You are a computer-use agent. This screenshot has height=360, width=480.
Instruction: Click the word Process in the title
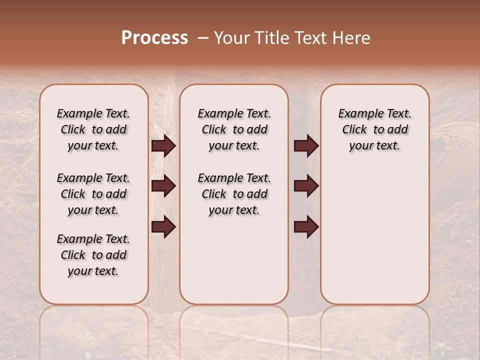pyautogui.click(x=154, y=38)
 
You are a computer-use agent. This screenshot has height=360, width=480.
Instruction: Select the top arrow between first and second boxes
pyautogui.click(x=163, y=146)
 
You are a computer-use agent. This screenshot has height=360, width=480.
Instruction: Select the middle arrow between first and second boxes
pyautogui.click(x=163, y=186)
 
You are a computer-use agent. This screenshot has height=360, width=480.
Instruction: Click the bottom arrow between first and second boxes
pyautogui.click(x=163, y=227)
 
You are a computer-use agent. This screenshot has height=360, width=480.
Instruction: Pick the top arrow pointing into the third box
pyautogui.click(x=306, y=146)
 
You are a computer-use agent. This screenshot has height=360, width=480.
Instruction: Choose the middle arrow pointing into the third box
pyautogui.click(x=306, y=186)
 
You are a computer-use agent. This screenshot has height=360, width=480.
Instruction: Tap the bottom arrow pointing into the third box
pyautogui.click(x=306, y=227)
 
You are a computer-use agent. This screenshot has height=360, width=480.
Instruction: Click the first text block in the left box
pyautogui.click(x=93, y=129)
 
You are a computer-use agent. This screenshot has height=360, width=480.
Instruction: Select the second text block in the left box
pyautogui.click(x=93, y=194)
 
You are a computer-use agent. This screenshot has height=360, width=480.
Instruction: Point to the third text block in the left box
pyautogui.click(x=93, y=255)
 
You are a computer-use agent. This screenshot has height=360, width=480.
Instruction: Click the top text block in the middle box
pyautogui.click(x=234, y=129)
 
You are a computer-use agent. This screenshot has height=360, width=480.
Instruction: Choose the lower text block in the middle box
pyautogui.click(x=234, y=194)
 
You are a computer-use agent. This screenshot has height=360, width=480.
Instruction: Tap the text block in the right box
pyautogui.click(x=374, y=129)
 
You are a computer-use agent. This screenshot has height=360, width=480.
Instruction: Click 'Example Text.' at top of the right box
pyautogui.click(x=374, y=114)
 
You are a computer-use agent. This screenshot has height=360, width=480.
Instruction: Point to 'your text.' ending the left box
pyautogui.click(x=93, y=271)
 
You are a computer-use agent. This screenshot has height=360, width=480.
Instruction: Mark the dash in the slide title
pyautogui.click(x=202, y=38)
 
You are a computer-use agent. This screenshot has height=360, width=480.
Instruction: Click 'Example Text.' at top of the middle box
pyautogui.click(x=234, y=114)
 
